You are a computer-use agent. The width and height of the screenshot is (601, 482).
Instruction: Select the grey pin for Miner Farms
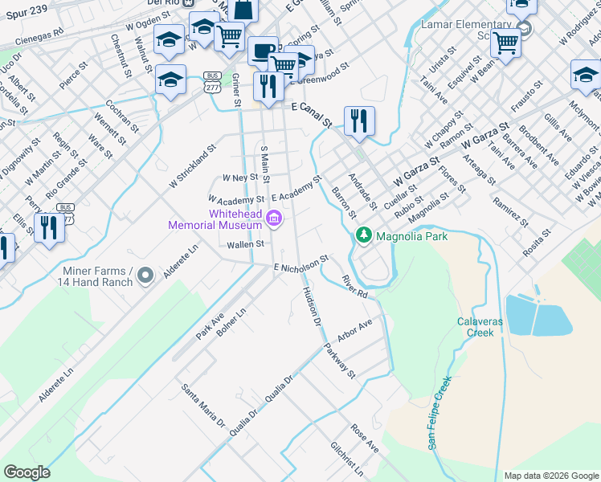(x=145, y=276)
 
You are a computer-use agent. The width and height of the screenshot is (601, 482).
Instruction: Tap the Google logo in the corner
(x=27, y=472)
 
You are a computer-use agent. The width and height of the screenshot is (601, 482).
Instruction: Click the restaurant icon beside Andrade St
(x=359, y=121)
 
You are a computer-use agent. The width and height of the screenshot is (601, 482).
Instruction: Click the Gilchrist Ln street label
(x=346, y=459)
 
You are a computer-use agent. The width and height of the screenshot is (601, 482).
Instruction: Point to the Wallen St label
(x=245, y=244)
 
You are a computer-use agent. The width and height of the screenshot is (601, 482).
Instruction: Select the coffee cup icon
(x=262, y=51)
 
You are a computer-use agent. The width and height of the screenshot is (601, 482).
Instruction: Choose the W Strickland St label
(x=194, y=166)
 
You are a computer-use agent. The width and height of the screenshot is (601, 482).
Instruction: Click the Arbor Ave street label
(x=355, y=331)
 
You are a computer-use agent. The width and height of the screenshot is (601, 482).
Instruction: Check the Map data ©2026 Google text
(x=550, y=476)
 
